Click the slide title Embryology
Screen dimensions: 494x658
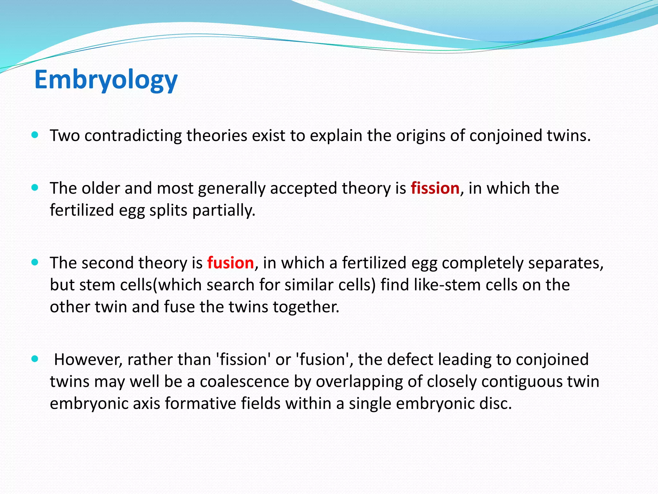(x=106, y=80)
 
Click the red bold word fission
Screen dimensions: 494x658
(x=435, y=188)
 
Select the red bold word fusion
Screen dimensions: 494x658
(x=230, y=263)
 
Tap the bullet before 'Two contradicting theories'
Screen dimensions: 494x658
(x=35, y=135)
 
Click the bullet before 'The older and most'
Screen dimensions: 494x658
(x=35, y=188)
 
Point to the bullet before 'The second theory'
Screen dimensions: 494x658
(x=35, y=262)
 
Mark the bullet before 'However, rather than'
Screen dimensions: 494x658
(x=35, y=359)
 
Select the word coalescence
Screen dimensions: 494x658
(x=244, y=382)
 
